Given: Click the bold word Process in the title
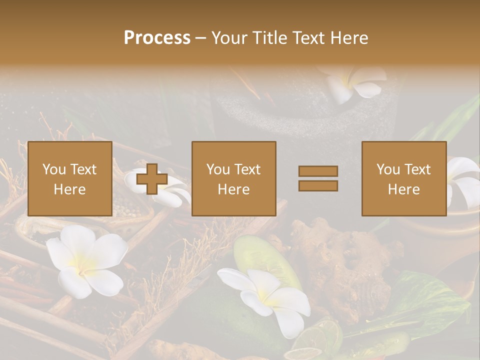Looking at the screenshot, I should [157, 38].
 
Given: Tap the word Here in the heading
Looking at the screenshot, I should [349, 38].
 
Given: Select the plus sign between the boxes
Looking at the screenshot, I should [152, 179].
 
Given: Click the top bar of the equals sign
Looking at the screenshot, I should [318, 171].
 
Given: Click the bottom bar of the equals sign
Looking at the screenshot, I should [318, 186].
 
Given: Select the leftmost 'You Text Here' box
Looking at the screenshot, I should [69, 178].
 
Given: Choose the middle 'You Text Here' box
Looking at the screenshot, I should [233, 178].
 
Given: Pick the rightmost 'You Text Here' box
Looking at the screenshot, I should [403, 178].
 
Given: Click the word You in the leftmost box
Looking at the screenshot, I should [54, 169].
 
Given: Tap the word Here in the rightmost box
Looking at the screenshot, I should [403, 189].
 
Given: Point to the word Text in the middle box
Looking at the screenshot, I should [247, 169].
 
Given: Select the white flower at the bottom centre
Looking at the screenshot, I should [267, 297].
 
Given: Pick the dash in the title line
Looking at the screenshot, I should [200, 38].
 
